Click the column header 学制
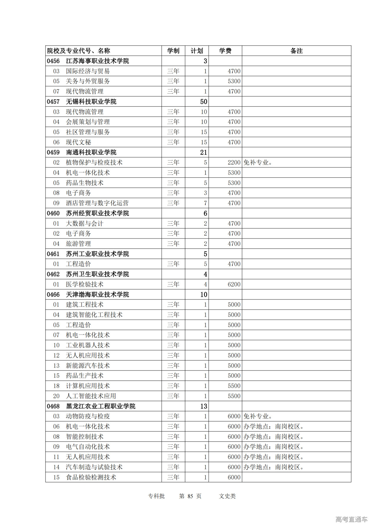[x=173, y=51]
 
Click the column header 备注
[x=296, y=51]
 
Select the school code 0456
[x=53, y=61]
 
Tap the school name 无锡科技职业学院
[x=91, y=102]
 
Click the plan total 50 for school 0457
[x=204, y=102]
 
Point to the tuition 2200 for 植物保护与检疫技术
[x=234, y=163]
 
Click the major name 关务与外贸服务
[x=88, y=81]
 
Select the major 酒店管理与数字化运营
[x=97, y=203]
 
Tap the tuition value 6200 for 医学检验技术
[x=234, y=284]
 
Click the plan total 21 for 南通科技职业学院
[x=204, y=152]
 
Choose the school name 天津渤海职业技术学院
[x=97, y=295]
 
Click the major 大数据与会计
[x=84, y=224]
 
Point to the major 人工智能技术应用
[x=91, y=396]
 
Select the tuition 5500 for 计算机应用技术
[x=234, y=386]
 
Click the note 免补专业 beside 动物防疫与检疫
[x=258, y=416]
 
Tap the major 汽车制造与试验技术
[x=94, y=467]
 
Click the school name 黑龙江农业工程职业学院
[x=100, y=406]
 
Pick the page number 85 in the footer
[x=190, y=496]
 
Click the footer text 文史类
[x=227, y=496]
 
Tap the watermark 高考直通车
[x=351, y=519]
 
